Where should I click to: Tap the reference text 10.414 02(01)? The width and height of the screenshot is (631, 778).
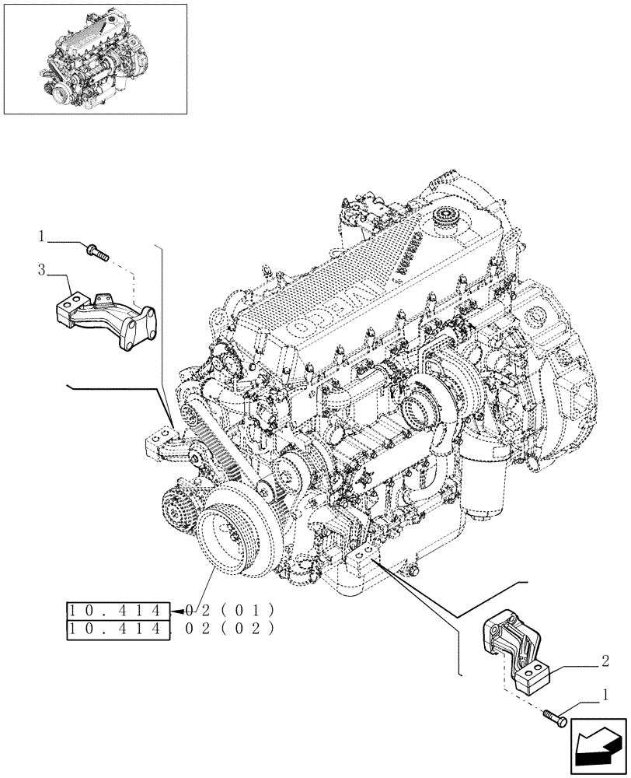[167, 609]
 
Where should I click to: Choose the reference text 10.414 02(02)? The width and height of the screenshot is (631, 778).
[167, 626]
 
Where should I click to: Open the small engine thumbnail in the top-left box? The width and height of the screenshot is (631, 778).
[95, 58]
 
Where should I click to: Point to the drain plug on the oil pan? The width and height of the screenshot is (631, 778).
[410, 573]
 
